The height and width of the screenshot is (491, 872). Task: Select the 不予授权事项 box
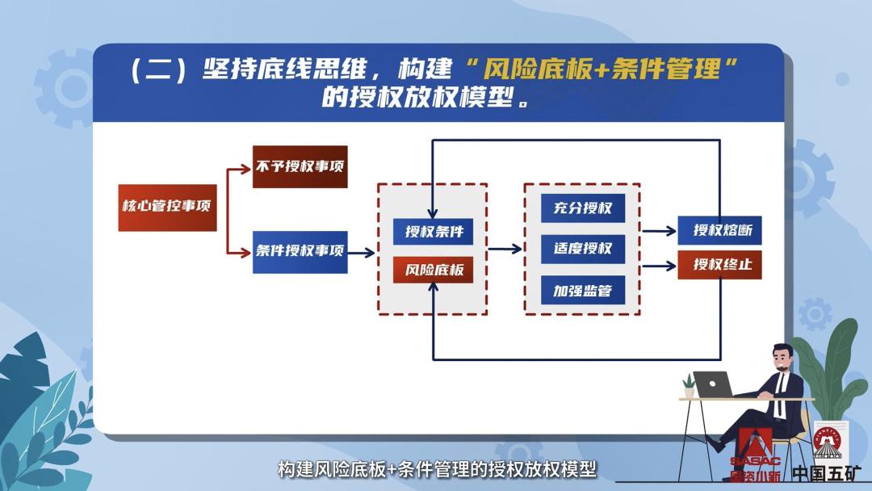point(300,167)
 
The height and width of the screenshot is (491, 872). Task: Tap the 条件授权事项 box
point(300,251)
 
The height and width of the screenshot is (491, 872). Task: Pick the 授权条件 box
point(434,232)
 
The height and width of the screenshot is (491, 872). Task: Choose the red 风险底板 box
point(434,270)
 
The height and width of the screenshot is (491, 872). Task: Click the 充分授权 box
point(582,208)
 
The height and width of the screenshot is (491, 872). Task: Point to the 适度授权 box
point(582,249)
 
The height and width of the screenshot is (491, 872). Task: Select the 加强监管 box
point(582,290)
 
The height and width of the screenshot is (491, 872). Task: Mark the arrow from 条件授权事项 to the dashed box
point(363,252)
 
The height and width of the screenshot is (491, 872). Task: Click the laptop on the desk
point(713,384)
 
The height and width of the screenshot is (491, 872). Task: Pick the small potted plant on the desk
point(688,385)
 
